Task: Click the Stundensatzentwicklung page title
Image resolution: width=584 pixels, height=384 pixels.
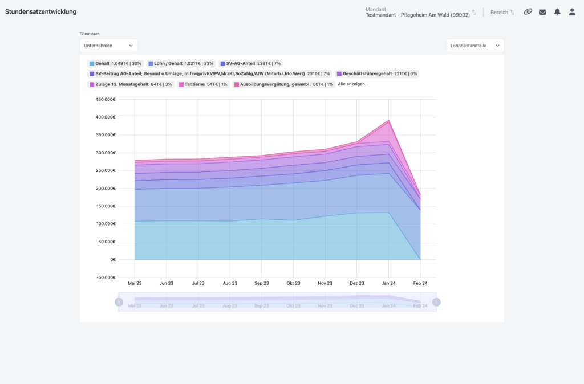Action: tap(40, 11)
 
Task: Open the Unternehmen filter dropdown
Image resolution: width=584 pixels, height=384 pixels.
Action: tap(108, 46)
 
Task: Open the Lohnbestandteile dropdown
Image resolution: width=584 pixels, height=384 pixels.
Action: tap(475, 46)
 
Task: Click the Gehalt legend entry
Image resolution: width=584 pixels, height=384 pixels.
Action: tap(115, 64)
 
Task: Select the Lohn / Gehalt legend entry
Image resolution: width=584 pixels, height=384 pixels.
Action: tap(181, 64)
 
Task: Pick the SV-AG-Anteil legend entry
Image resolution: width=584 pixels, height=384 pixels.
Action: tap(250, 64)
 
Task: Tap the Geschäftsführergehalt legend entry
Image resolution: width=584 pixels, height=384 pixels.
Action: tap(377, 73)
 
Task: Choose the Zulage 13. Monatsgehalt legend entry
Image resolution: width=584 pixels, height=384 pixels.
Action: tap(131, 84)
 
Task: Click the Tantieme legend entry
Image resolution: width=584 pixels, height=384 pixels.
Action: tap(203, 84)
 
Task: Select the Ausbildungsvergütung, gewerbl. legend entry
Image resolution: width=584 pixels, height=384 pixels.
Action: tap(283, 84)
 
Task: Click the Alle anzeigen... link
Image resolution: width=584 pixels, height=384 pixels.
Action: tap(353, 84)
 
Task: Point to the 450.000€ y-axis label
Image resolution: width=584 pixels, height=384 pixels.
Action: tap(106, 99)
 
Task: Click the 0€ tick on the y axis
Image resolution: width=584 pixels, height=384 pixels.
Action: tap(113, 259)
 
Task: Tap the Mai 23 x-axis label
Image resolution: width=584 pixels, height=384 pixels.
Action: tap(135, 283)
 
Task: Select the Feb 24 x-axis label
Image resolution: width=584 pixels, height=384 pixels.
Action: tap(420, 283)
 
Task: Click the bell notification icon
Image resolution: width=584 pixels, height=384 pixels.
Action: tap(557, 12)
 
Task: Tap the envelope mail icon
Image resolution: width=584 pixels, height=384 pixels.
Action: tap(543, 12)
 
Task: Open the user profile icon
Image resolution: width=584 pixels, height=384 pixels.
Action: tap(572, 12)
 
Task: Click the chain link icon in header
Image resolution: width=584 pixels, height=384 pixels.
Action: tap(528, 12)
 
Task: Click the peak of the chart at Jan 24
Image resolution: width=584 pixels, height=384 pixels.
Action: tap(388, 120)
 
